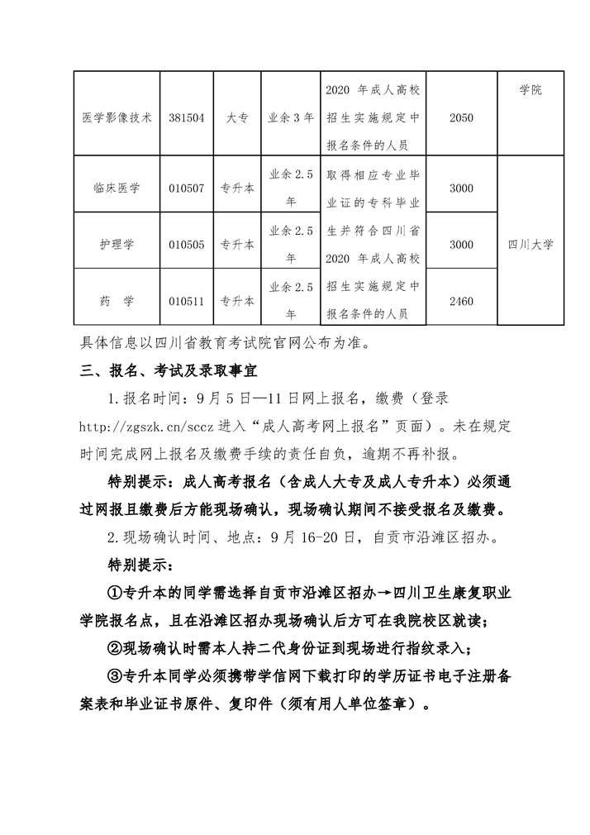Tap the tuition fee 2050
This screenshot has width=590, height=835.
461,118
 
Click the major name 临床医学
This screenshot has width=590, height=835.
117,188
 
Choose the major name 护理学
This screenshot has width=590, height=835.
117,245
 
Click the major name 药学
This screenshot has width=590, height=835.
117,301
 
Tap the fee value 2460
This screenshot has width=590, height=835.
461,301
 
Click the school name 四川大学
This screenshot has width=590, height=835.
531,245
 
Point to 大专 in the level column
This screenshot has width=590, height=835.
238,118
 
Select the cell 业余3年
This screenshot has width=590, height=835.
292,118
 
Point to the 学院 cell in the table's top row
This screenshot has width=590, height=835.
531,90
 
